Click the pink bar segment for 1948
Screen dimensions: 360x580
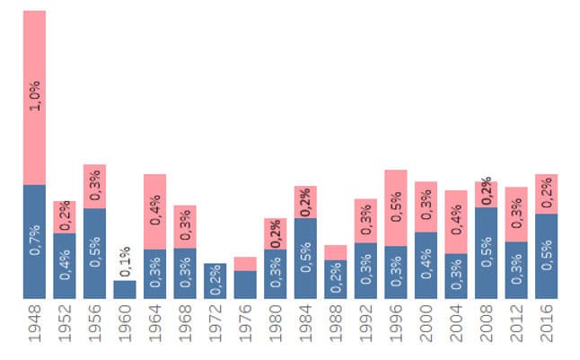point(34,97)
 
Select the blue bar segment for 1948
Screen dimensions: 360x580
point(34,241)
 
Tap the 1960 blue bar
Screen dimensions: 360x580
point(125,289)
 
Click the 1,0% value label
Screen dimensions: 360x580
point(35,95)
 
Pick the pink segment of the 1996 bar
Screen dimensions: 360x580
point(396,207)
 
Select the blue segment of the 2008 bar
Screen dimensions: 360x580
point(487,252)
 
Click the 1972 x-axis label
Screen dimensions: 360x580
point(215,327)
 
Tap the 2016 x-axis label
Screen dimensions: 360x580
point(547,327)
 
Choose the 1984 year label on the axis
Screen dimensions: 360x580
point(306,327)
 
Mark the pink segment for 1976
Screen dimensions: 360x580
point(245,264)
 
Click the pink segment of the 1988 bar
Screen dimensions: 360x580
point(336,252)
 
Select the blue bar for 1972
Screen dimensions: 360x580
point(215,281)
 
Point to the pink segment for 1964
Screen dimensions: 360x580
point(155,211)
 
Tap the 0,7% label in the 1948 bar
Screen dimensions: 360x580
point(35,242)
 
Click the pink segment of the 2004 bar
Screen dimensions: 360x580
point(456,222)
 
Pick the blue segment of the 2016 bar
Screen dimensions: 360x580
point(547,256)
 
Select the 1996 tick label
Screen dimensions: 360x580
point(396,327)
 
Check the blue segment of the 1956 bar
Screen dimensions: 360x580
point(95,253)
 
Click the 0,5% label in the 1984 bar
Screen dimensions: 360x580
point(306,259)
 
